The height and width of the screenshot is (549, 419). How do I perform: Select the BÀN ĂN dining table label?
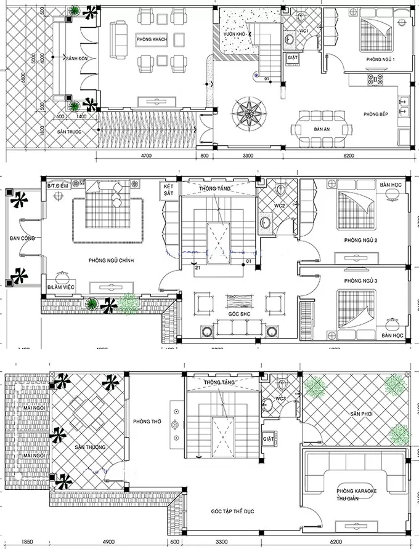pos(319,129)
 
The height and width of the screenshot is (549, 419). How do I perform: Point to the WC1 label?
pos(304,30)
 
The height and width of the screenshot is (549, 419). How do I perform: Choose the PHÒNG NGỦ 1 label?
pos(380,59)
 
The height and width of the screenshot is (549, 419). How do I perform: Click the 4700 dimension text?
pos(146,156)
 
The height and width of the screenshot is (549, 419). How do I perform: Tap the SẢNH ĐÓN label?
pos(75,57)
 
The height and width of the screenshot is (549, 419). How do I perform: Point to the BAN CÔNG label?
pos(22,238)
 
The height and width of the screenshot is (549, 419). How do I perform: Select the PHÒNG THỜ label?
pos(147,422)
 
